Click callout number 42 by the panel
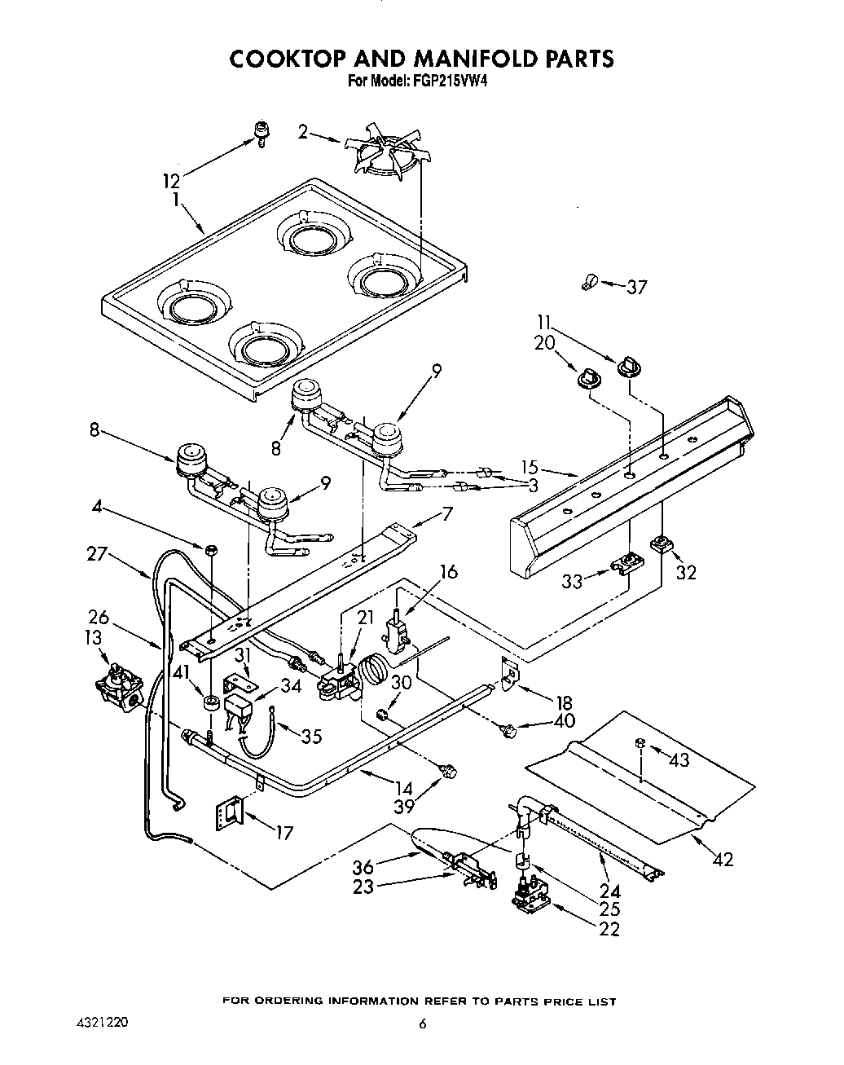[x=723, y=859]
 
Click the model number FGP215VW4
[x=446, y=81]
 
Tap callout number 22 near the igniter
[x=608, y=929]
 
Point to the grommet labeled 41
[x=210, y=702]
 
